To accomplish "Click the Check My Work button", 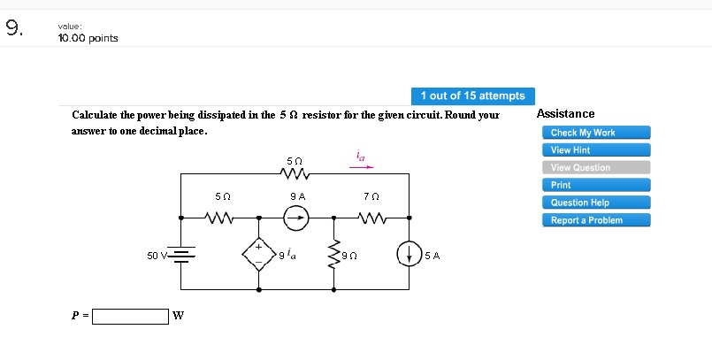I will [x=595, y=133].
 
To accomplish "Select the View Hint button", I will [x=595, y=150].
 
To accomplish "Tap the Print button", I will [x=595, y=185].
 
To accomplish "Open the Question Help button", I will [x=595, y=203].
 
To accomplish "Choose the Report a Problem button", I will [x=595, y=220].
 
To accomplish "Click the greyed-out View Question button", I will [x=595, y=168].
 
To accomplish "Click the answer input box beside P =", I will [x=130, y=316].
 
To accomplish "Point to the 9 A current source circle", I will [x=296, y=217].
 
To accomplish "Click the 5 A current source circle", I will [x=409, y=255].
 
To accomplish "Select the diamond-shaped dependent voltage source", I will [x=258, y=255].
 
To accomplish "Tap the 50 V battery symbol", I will [x=181, y=255].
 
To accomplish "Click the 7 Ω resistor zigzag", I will [x=371, y=217].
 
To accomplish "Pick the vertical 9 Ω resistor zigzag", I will [x=333, y=255].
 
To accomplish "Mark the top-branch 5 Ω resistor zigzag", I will [x=295, y=174].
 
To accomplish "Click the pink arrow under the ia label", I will [x=361, y=165].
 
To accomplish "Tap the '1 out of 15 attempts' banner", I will [x=472, y=96].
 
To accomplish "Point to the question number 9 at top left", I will [x=12, y=28].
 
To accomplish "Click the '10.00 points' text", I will [x=88, y=38].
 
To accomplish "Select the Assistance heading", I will [x=565, y=114].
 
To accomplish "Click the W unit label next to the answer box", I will [x=178, y=317].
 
